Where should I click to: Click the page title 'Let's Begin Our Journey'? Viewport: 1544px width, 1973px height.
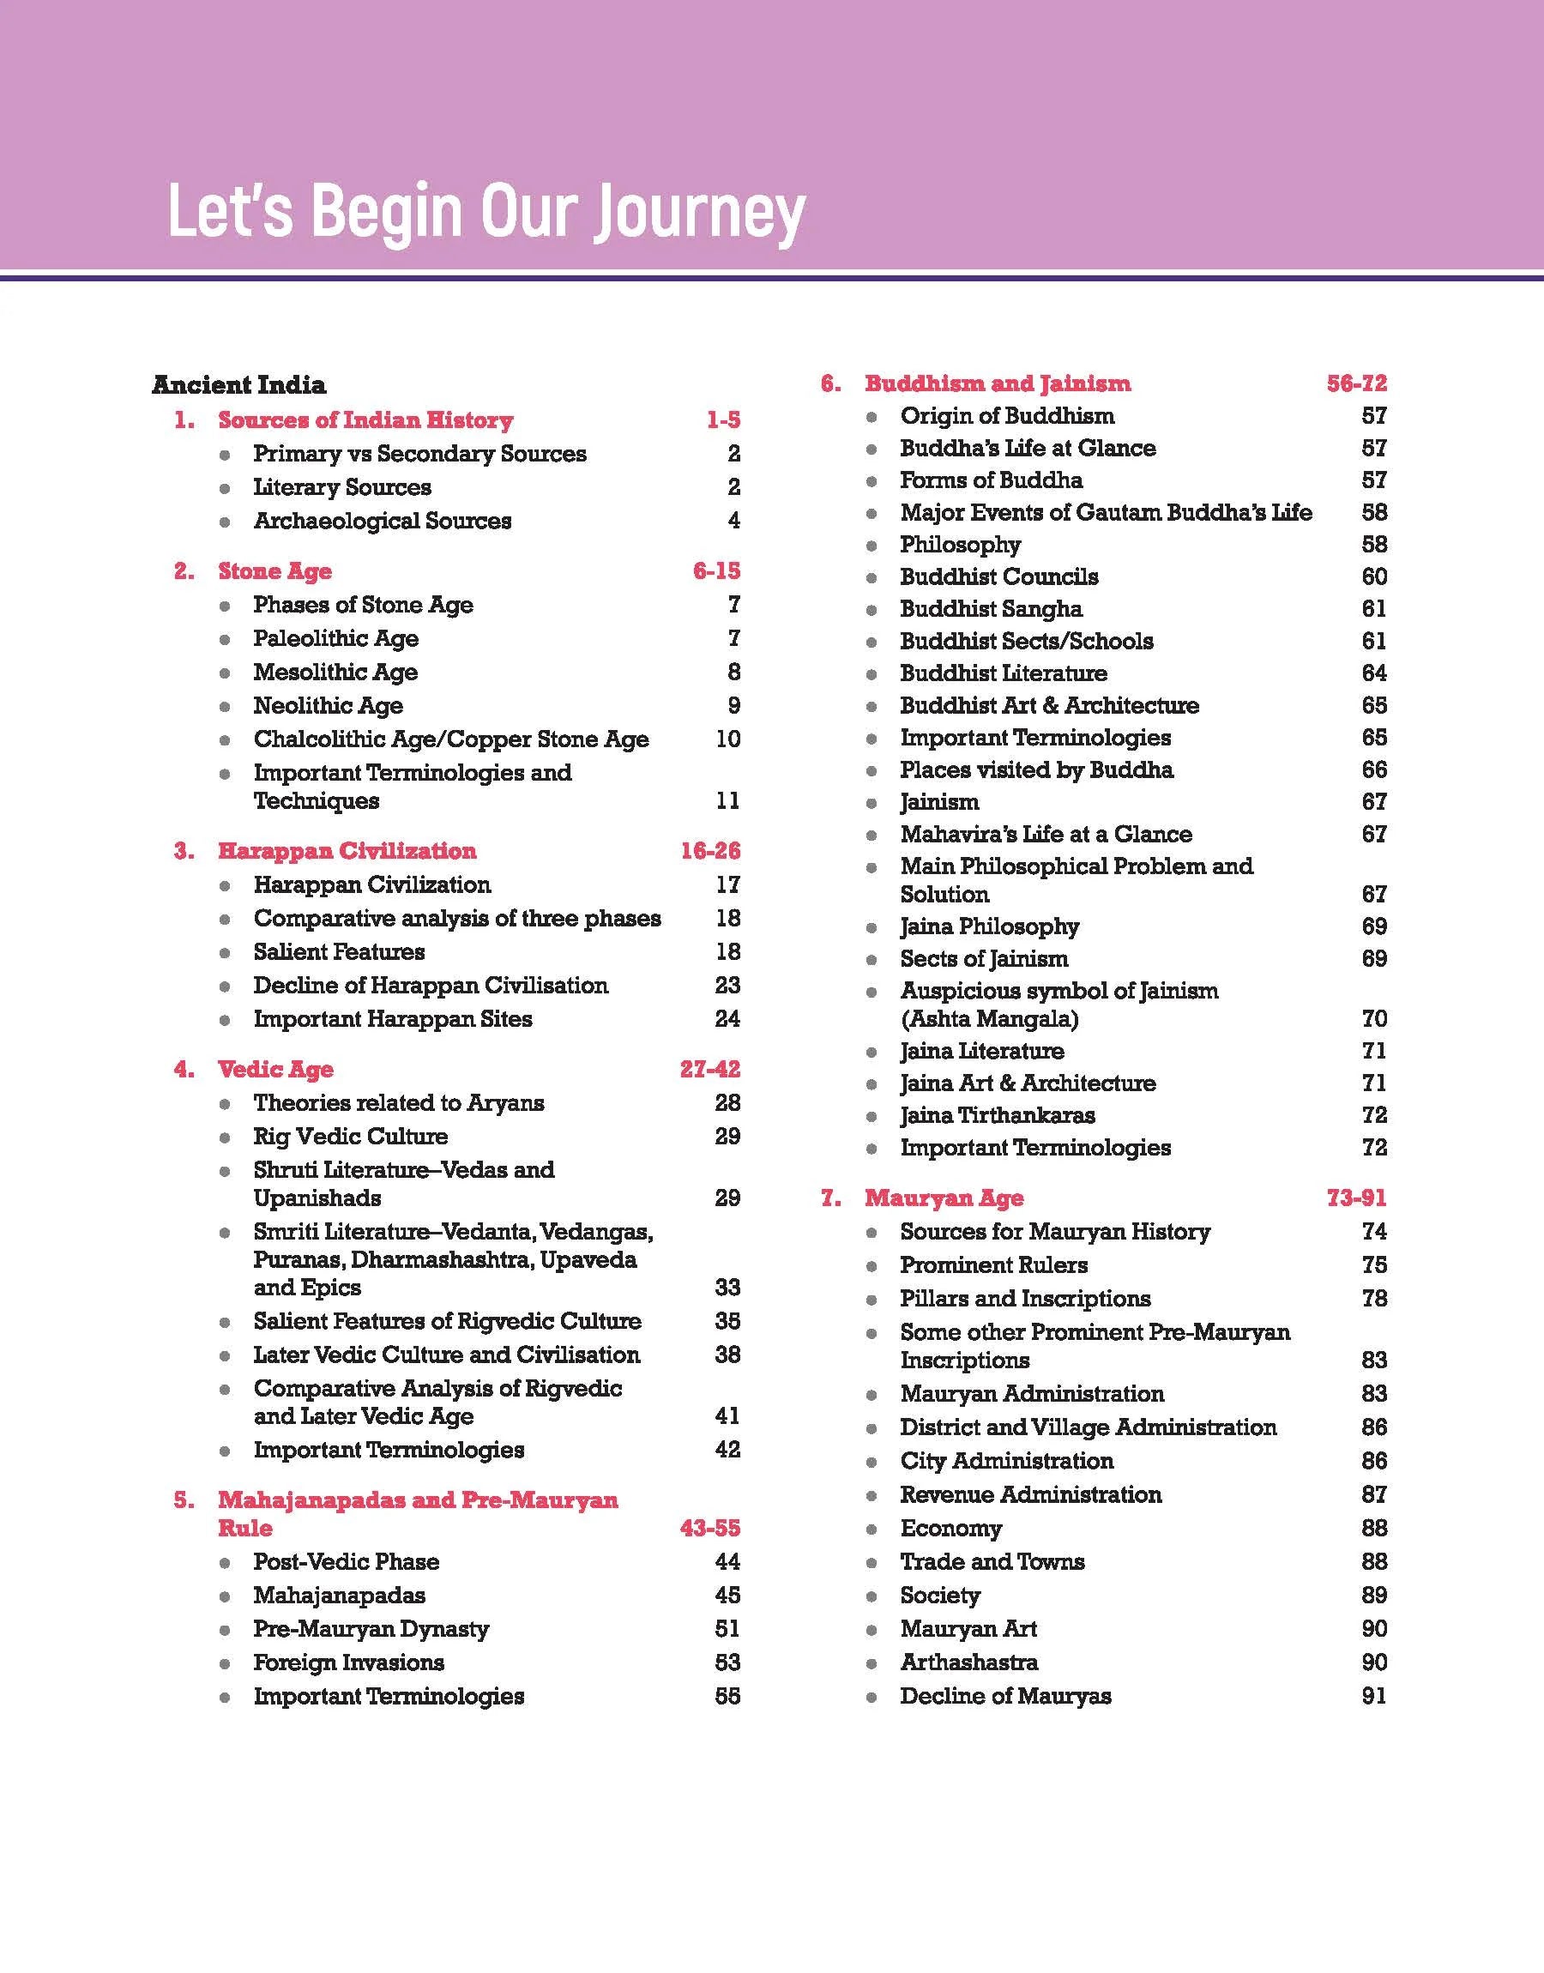coord(486,213)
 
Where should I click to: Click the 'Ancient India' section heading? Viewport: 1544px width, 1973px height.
coord(238,385)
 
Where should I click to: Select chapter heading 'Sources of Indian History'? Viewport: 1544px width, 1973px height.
coord(365,420)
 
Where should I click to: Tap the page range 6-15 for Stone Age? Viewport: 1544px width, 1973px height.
coord(716,571)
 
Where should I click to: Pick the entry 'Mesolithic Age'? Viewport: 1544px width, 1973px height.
coord(335,673)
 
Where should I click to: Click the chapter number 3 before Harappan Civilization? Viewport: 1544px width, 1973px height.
coord(184,851)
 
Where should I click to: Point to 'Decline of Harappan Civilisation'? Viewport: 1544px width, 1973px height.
coord(431,985)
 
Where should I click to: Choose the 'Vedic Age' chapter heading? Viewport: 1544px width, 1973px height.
coord(275,1070)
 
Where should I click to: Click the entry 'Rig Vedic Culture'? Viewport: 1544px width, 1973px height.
coord(351,1136)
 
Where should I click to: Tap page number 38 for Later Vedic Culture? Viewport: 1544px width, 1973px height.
coord(727,1355)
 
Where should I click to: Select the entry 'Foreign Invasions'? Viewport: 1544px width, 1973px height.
coord(349,1663)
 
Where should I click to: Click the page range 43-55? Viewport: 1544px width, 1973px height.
coord(709,1529)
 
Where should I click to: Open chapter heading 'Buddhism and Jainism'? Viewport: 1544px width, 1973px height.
coord(997,384)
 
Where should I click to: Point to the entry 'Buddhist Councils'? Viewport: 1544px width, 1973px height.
coord(999,576)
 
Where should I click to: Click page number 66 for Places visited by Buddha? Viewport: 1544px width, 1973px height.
coord(1374,770)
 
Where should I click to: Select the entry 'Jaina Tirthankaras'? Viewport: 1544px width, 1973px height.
coord(997,1115)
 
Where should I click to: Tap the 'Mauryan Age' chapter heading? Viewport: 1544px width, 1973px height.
coord(944,1198)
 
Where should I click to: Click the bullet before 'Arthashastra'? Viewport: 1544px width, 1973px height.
coord(872,1664)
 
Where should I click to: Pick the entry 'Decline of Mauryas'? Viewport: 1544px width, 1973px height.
coord(1005,1697)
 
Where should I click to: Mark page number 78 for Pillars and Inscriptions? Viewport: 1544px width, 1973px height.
coord(1374,1299)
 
